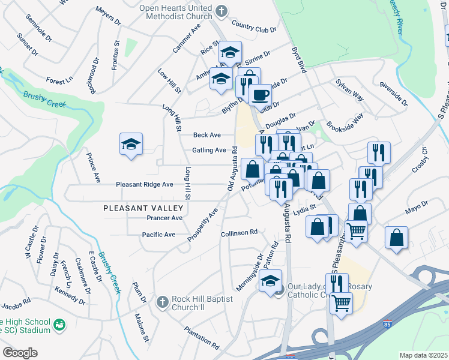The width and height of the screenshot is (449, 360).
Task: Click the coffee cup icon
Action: click(x=260, y=94)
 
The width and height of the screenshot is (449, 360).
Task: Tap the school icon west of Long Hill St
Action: click(x=131, y=145)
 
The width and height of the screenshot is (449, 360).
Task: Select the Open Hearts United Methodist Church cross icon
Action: click(x=221, y=11)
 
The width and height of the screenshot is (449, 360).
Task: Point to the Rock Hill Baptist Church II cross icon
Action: click(x=161, y=302)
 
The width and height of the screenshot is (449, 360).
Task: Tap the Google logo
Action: click(x=20, y=353)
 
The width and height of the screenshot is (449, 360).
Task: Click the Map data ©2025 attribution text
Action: click(x=423, y=355)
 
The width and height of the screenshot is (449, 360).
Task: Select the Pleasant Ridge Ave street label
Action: click(x=145, y=185)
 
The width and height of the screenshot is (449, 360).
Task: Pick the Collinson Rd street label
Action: click(x=239, y=232)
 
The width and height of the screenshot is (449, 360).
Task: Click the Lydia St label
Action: click(x=306, y=208)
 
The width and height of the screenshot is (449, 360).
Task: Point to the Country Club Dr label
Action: click(x=253, y=27)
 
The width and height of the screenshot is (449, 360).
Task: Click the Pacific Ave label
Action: click(x=158, y=235)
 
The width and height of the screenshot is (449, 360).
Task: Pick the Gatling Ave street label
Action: click(x=208, y=151)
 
